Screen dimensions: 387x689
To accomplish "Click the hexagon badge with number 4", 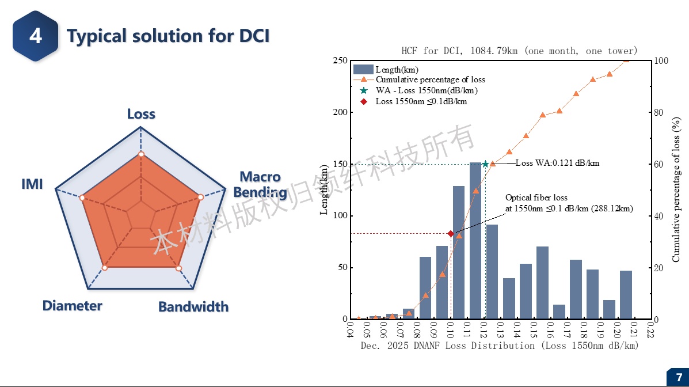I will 36,36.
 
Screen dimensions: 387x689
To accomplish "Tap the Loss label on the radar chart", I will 141,114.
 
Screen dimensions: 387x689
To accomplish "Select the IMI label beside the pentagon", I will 32,185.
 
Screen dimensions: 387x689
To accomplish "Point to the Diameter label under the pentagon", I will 72,306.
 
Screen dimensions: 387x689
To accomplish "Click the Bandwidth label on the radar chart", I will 193,306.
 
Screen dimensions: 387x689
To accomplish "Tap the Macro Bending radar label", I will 260,184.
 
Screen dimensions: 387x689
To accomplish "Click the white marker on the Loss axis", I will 141,154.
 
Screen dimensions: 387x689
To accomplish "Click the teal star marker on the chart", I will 485,164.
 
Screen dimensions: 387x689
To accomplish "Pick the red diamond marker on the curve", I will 451,233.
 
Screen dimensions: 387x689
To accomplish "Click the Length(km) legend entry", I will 397,70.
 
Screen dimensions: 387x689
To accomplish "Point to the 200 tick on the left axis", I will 340,112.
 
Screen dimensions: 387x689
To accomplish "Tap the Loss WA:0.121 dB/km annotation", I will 557,163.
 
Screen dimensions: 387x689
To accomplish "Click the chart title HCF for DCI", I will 519,51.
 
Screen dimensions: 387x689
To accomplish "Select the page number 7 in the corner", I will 677,378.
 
